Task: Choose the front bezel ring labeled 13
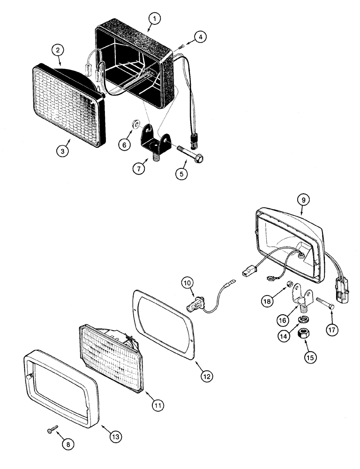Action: tap(61, 385)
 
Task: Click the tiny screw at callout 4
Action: tap(182, 45)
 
